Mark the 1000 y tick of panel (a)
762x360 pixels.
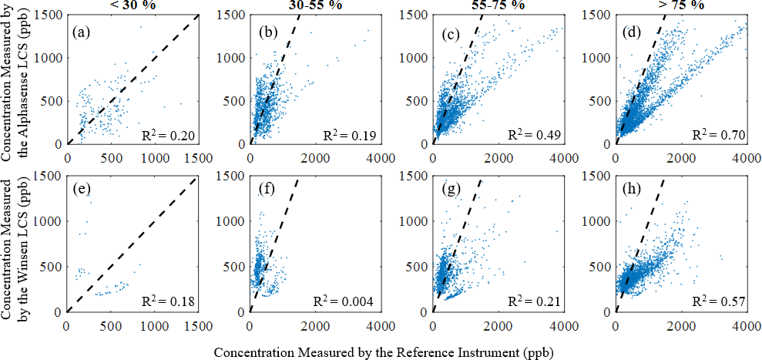tap(50, 58)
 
